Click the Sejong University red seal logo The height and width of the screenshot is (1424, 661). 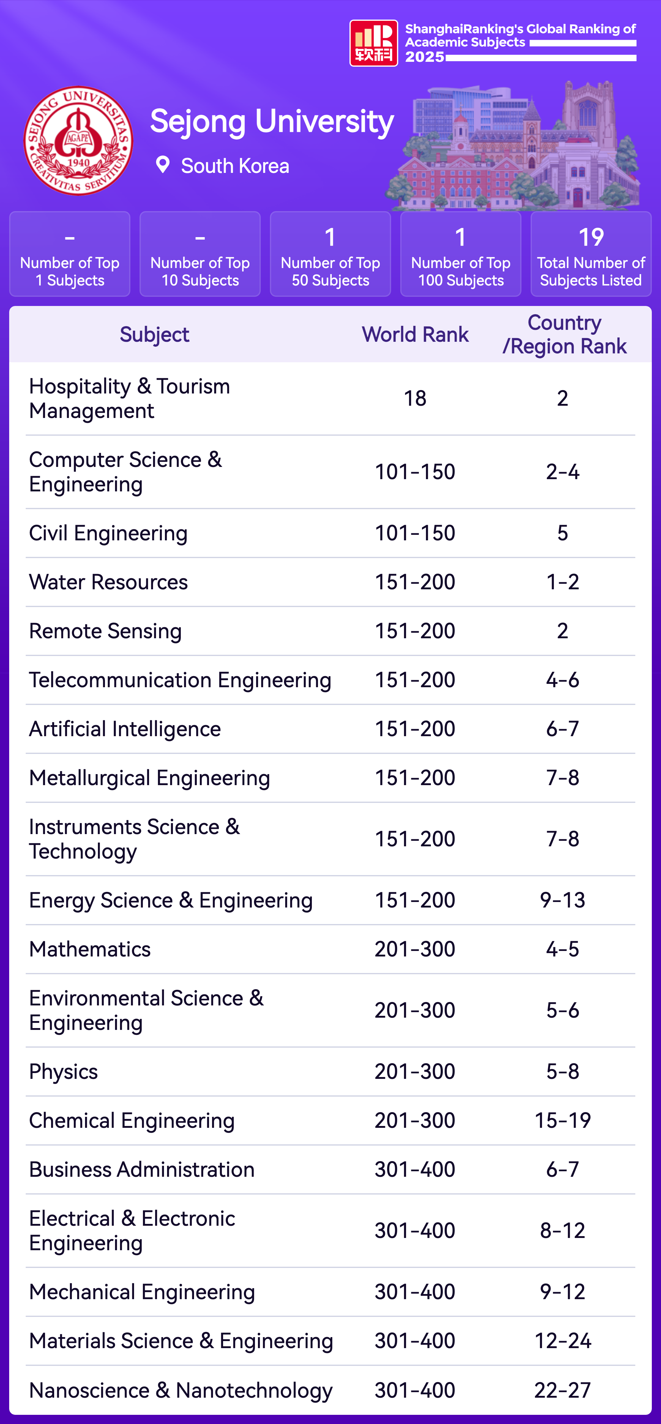click(78, 140)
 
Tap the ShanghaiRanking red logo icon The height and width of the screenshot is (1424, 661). click(374, 43)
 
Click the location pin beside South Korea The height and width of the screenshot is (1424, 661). click(162, 165)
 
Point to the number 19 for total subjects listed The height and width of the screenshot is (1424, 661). click(591, 237)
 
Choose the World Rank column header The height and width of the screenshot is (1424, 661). click(415, 334)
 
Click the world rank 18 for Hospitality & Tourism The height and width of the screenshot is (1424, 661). click(415, 398)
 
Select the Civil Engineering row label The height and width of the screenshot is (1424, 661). click(108, 533)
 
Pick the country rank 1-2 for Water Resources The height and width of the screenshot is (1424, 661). click(563, 582)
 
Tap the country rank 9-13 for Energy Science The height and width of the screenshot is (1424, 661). click(563, 900)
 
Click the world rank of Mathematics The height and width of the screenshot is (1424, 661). click(415, 949)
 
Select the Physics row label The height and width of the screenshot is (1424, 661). click(64, 1071)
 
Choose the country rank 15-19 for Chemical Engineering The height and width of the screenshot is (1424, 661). click(563, 1120)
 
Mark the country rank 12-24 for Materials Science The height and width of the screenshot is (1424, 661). click(563, 1341)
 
